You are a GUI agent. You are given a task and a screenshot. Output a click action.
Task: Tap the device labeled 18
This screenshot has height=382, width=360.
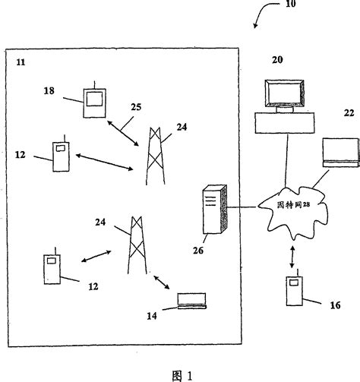coord(93,99)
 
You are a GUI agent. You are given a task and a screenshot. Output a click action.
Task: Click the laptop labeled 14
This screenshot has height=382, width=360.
coord(191,301)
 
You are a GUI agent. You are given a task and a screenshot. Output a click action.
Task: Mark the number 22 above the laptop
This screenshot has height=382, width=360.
coord(349,113)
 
